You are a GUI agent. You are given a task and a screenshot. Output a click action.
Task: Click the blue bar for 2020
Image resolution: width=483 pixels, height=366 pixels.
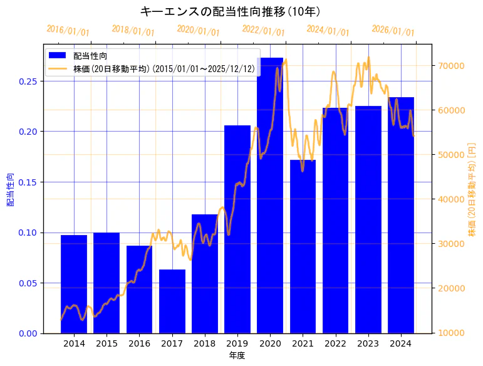[x=270, y=195]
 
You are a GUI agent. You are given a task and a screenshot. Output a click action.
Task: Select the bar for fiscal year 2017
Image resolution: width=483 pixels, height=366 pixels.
[x=172, y=301]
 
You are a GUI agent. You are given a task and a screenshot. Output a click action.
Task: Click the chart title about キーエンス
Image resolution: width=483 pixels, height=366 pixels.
[x=230, y=11]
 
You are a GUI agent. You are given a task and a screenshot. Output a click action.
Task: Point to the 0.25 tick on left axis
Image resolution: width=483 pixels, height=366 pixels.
[x=28, y=81]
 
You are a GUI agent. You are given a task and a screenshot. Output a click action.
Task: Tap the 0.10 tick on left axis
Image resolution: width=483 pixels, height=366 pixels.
[x=28, y=233]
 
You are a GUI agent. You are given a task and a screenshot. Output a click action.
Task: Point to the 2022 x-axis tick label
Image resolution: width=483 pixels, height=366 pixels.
[x=335, y=343]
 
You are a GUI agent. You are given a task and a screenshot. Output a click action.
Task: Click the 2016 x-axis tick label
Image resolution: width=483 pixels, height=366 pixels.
[x=139, y=343]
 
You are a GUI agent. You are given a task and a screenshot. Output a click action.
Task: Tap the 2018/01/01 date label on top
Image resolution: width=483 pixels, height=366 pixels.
[x=133, y=30]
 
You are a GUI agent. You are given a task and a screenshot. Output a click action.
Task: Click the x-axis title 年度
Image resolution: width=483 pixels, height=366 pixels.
[x=237, y=355]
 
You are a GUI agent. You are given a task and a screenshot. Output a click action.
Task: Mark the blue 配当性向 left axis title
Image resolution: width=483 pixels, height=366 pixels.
[x=10, y=190]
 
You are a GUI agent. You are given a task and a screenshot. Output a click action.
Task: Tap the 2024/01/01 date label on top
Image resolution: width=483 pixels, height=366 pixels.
[x=328, y=30]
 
